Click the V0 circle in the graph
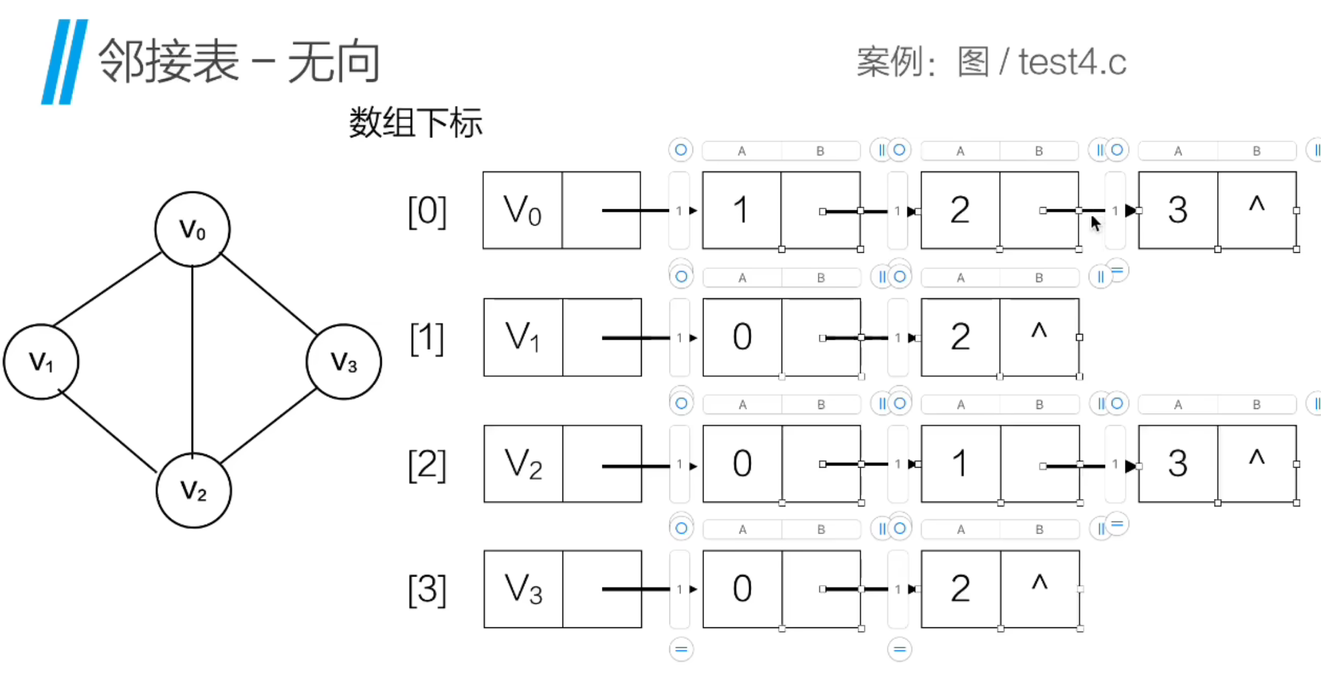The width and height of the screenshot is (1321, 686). click(x=192, y=229)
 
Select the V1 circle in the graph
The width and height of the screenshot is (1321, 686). click(x=41, y=362)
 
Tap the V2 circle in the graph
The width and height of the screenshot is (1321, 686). click(x=194, y=490)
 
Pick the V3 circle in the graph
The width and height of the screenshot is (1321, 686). click(x=344, y=362)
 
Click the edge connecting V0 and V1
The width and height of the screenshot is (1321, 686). click(x=108, y=290)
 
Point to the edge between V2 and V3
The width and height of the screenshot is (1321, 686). click(x=267, y=426)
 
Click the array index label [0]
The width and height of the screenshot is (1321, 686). click(x=427, y=212)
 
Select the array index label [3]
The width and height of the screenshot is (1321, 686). click(x=427, y=590)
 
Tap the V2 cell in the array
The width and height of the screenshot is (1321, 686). click(x=523, y=464)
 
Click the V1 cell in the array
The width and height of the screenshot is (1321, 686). click(x=523, y=337)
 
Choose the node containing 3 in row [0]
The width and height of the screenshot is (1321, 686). click(x=1178, y=211)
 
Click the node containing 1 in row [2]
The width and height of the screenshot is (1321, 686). click(x=961, y=464)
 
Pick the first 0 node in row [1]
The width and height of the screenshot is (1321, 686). click(x=742, y=337)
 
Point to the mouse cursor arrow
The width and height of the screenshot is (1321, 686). click(x=1095, y=223)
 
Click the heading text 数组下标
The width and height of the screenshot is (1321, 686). click(x=416, y=123)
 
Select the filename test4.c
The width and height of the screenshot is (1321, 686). click(x=1072, y=62)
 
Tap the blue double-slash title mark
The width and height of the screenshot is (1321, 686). click(x=65, y=62)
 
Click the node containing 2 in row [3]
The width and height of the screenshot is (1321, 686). click(x=961, y=589)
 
